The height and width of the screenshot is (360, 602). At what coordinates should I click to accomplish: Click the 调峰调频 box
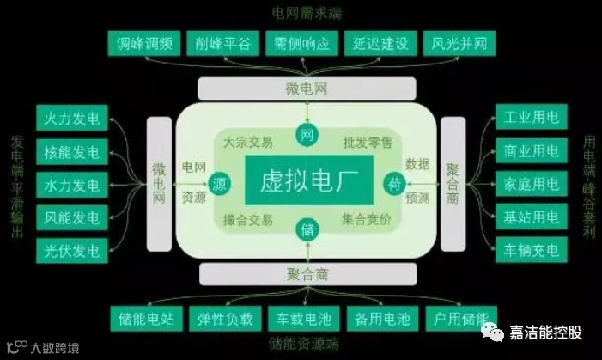click(144, 43)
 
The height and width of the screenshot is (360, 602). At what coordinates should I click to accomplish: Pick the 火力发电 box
click(71, 118)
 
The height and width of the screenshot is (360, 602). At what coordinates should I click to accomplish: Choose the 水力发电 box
click(71, 184)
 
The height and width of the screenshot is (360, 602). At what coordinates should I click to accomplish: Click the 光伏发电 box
click(71, 251)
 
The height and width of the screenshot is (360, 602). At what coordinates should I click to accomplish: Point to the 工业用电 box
click(530, 118)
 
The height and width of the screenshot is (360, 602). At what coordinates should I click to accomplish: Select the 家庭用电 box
click(530, 184)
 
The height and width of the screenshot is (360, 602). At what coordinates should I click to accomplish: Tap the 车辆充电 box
click(530, 251)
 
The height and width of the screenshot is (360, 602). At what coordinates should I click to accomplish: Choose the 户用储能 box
click(456, 319)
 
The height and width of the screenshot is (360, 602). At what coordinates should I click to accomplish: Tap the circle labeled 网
click(307, 134)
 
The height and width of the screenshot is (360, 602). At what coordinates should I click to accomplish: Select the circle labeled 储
click(307, 229)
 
